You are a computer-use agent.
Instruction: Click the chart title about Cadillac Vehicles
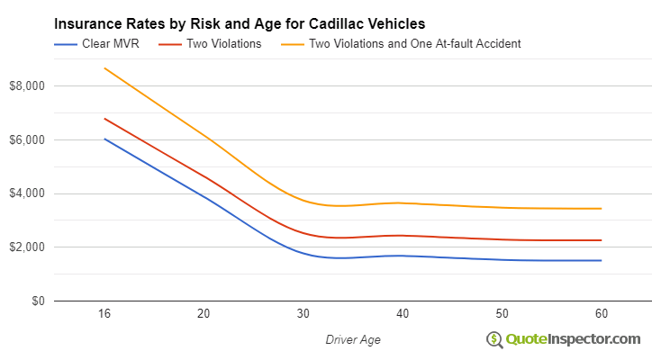point(240,22)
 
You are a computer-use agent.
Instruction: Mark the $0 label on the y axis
point(36,301)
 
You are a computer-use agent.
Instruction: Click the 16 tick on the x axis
point(104,314)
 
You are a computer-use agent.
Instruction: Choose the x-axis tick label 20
point(204,314)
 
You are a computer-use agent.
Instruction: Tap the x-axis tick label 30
point(303,314)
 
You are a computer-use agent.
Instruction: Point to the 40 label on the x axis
point(403,314)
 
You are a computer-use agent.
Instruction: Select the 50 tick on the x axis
point(502,314)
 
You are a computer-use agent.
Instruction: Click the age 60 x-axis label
point(602,314)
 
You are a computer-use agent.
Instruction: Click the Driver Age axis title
point(352,338)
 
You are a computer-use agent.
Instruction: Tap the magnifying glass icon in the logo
point(494,339)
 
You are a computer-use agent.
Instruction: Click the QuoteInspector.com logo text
point(573,338)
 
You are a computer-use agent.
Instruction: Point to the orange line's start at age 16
point(104,68)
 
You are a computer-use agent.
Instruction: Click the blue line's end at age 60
point(602,260)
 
